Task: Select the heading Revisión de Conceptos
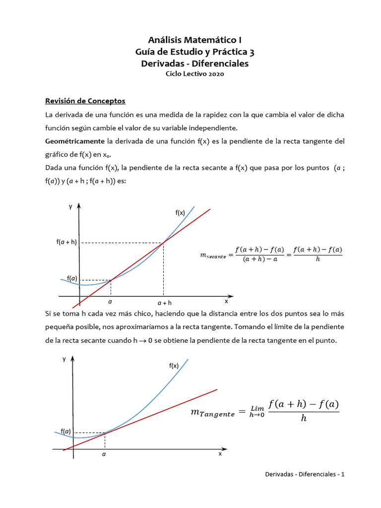(85, 101)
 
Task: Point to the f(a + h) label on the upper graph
(66, 243)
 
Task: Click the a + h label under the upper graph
(164, 302)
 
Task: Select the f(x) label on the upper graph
(180, 212)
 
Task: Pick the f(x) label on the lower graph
(174, 366)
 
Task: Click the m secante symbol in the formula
(212, 255)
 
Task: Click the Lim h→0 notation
(257, 411)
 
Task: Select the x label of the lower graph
(220, 453)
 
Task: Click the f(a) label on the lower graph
(65, 431)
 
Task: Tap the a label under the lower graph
(104, 454)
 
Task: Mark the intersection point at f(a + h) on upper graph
(163, 243)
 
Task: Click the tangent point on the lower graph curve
(105, 433)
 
